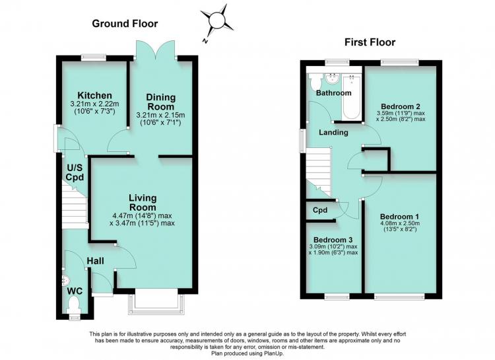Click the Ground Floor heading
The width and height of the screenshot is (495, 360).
click(125, 23)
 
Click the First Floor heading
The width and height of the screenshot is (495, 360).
click(370, 42)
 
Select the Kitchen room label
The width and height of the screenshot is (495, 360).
click(94, 95)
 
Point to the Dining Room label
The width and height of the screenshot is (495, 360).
click(160, 102)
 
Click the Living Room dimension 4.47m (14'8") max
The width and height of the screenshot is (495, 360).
click(142, 215)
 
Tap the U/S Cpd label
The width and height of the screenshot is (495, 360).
click(75, 172)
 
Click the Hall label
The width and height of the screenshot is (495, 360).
click(95, 261)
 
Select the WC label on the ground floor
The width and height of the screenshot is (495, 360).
click(75, 291)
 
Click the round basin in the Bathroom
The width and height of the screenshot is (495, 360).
click(332, 79)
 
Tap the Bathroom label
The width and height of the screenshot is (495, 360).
click(334, 93)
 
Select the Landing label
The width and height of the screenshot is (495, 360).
click(333, 132)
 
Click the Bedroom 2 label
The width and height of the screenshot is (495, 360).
click(401, 106)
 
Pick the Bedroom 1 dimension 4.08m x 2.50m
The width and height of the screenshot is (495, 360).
click(400, 223)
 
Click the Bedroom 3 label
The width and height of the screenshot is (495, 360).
click(333, 240)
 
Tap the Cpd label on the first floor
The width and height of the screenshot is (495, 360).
click(320, 210)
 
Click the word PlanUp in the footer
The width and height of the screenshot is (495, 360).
click(275, 353)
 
